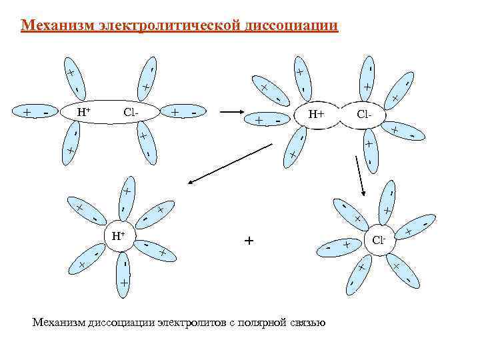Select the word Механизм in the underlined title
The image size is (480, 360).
[x=58, y=26]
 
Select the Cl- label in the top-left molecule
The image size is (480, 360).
[x=131, y=111]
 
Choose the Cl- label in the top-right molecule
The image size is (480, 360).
[x=364, y=114]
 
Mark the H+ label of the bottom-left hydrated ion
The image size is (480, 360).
[x=118, y=235]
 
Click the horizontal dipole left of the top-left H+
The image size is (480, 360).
[x=35, y=112]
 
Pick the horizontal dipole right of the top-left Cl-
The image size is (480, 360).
[x=184, y=112]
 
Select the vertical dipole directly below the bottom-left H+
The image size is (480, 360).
[x=124, y=273]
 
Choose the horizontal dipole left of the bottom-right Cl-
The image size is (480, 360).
[x=339, y=247]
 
